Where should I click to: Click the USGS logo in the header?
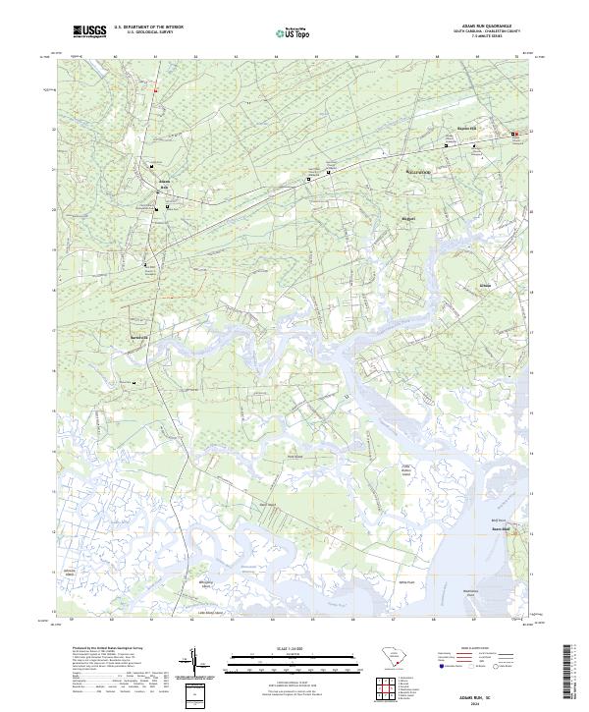pos(89,32)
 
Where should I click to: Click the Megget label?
pos(409,218)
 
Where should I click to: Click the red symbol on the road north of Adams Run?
pos(154,90)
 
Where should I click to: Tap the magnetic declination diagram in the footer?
pos(199,668)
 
